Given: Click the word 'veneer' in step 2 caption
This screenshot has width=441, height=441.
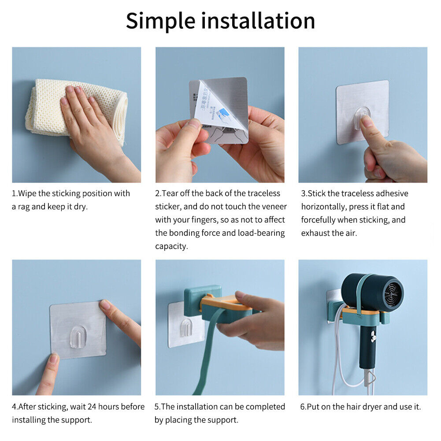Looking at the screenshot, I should tap(272, 207).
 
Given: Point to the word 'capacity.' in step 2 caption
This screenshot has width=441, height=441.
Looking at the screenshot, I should tap(171, 246).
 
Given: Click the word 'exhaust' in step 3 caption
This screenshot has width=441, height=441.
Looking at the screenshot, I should tap(315, 233).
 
